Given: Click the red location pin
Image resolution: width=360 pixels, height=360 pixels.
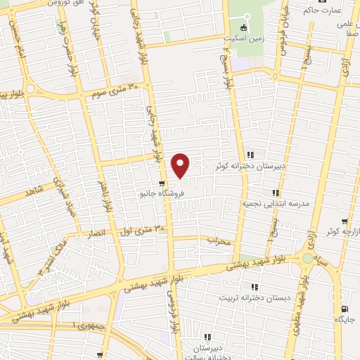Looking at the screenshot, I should point(181,165).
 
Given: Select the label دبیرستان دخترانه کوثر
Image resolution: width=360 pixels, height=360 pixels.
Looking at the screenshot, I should point(252,167).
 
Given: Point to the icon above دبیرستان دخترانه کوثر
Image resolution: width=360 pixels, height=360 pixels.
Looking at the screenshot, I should point(250,155).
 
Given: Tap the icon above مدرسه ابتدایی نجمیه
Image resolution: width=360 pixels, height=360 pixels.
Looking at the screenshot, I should point(276,192).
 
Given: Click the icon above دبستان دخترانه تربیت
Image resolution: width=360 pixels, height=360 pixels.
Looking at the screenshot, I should point(255,287).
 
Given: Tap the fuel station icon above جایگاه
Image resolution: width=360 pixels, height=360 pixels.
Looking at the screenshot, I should point(343,309).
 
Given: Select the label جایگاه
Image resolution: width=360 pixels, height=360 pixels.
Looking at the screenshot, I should point(345,319).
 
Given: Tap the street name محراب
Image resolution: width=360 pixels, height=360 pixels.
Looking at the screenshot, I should point(219,241).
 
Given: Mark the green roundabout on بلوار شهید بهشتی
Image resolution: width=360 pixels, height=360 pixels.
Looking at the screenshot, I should point(307,259).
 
